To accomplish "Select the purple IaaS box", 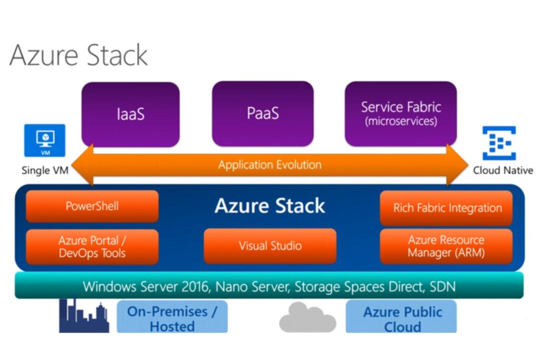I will (x=130, y=114).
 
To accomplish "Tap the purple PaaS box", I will (x=263, y=114).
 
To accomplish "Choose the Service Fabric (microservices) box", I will (x=401, y=113).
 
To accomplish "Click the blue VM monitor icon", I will (x=45, y=140).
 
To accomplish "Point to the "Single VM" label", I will (x=45, y=170).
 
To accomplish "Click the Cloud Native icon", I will (x=499, y=143).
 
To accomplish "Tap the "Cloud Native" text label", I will (x=503, y=170).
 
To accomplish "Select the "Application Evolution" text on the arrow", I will (x=269, y=165).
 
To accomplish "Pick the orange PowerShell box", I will (x=92, y=206).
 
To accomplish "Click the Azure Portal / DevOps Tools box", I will (x=92, y=247).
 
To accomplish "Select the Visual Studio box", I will (x=270, y=246).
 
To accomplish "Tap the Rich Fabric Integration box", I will (x=446, y=208).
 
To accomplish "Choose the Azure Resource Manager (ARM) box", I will (x=446, y=246).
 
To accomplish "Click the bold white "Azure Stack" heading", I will (x=269, y=206).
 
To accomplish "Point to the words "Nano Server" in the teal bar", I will (x=253, y=287).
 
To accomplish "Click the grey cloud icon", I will (x=307, y=317).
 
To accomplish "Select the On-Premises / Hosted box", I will (x=172, y=318).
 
